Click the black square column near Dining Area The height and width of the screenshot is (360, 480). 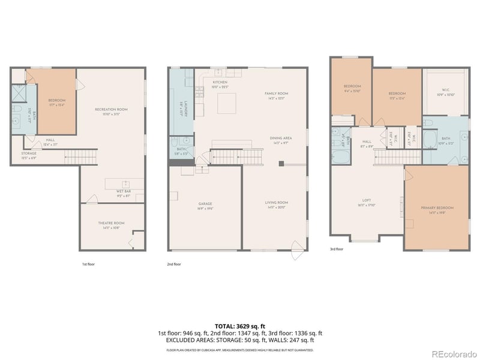(x=281, y=163)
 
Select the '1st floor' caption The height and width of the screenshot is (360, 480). (x=88, y=264)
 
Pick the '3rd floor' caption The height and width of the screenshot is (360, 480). (x=337, y=249)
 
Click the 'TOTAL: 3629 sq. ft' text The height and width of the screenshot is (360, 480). (x=240, y=326)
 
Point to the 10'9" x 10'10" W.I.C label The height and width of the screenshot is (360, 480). (x=445, y=92)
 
